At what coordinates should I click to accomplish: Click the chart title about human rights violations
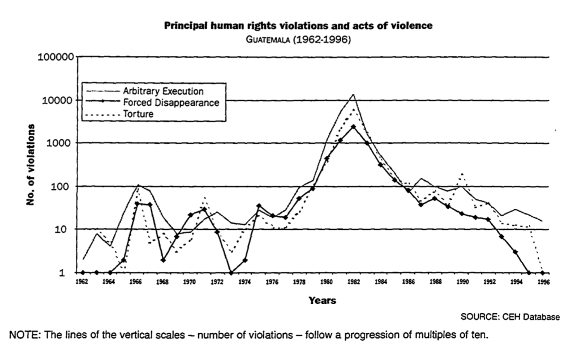(x=298, y=25)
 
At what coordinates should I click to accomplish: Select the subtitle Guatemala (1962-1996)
(x=298, y=40)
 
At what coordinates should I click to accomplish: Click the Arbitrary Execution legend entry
(x=162, y=91)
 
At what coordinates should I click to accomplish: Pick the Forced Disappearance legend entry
(x=170, y=102)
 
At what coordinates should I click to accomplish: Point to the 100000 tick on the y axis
(x=56, y=57)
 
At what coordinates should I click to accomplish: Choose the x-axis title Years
(x=322, y=301)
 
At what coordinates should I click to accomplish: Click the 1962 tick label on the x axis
(x=83, y=281)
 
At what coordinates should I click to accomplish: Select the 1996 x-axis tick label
(x=543, y=281)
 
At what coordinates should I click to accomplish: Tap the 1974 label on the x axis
(x=245, y=281)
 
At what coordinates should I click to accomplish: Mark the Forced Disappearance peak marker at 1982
(x=353, y=127)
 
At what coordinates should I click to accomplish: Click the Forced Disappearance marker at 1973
(x=231, y=273)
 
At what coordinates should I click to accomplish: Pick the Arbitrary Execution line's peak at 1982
(x=353, y=95)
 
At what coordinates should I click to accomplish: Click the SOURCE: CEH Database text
(x=510, y=317)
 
